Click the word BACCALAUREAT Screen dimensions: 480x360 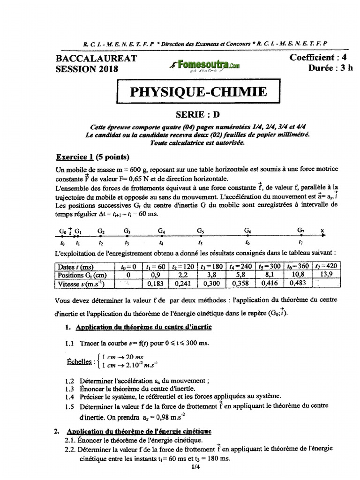(96, 58)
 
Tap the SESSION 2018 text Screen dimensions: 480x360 (87, 69)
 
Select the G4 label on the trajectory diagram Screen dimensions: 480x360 (161, 231)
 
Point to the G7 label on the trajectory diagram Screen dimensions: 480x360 (301, 231)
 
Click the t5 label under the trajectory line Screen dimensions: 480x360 (201, 243)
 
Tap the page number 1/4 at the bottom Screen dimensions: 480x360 (196, 467)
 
